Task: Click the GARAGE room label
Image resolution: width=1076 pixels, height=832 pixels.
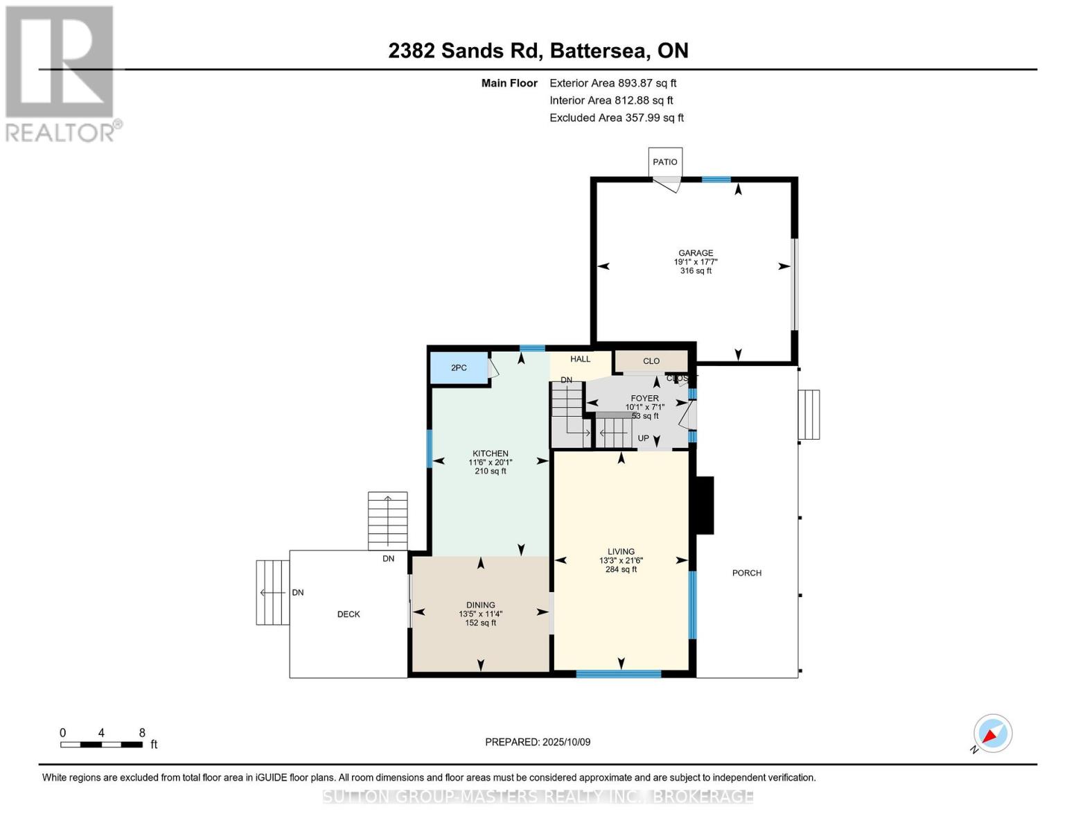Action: point(696,254)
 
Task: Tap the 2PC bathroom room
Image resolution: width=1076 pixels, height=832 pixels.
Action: point(459,368)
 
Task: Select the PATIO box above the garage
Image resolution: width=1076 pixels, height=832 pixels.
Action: point(665,162)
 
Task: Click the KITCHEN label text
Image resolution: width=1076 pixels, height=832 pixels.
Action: point(491,453)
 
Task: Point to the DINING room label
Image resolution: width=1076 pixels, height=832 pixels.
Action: point(480,605)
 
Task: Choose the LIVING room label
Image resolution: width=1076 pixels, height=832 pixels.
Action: point(621,552)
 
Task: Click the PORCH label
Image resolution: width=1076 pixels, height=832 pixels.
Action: point(747,573)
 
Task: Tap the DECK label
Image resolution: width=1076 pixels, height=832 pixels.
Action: point(349,614)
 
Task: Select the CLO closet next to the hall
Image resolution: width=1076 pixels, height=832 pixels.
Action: point(651,361)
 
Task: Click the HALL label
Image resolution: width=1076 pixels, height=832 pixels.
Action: point(581,359)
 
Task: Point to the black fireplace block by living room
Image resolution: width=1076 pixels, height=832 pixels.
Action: point(705,505)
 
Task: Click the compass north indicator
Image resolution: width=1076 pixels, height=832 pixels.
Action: point(993,734)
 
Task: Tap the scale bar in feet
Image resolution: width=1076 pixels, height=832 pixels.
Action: point(102,745)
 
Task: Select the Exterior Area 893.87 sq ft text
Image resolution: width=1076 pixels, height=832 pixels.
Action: point(612,83)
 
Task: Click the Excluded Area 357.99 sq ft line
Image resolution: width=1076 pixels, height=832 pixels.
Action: point(617,118)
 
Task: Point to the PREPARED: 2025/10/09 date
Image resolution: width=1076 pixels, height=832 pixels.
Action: point(538,743)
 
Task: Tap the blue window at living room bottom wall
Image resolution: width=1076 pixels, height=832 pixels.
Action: point(619,673)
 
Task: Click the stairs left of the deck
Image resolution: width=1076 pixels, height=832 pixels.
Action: point(273,592)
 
